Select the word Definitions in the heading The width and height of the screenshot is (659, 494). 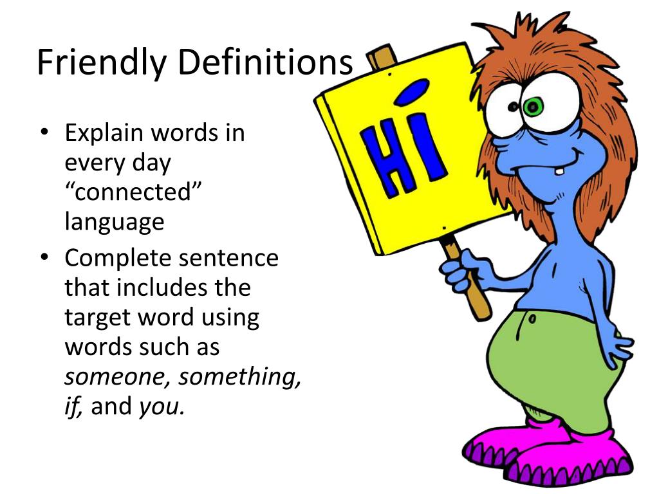click(265, 62)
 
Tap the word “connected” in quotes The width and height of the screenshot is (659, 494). click(129, 192)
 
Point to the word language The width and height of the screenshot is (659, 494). click(115, 222)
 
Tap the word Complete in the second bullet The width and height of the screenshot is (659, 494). click(115, 259)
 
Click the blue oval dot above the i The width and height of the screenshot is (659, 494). click(411, 92)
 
